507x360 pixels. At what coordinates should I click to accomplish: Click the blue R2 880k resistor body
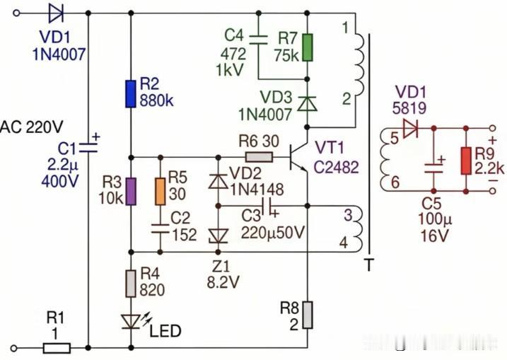[x=131, y=94]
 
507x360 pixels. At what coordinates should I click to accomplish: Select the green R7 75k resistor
[x=307, y=47]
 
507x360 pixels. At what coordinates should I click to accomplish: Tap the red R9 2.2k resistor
[x=466, y=161]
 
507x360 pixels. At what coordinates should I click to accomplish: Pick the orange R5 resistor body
[x=160, y=192]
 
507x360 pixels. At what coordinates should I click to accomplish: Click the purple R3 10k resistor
[x=131, y=192]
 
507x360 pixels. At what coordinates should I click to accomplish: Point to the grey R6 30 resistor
[x=259, y=158]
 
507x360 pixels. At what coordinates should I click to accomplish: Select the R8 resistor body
[x=307, y=315]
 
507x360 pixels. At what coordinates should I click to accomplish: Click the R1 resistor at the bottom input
[x=57, y=348]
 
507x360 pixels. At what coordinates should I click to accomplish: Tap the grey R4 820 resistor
[x=131, y=284]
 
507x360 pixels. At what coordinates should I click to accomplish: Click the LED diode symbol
[x=131, y=322]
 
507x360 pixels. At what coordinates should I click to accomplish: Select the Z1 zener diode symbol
[x=218, y=236]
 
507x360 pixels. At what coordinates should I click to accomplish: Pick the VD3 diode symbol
[x=307, y=103]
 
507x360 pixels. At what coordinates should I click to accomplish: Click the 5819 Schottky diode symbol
[x=410, y=128]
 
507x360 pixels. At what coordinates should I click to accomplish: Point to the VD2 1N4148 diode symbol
[x=218, y=181]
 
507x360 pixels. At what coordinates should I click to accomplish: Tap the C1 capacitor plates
[x=88, y=148]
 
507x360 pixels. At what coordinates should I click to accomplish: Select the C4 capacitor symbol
[x=258, y=40]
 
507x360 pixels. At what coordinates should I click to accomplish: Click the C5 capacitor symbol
[x=434, y=168]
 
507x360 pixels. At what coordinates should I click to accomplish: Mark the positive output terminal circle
[x=492, y=128]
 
